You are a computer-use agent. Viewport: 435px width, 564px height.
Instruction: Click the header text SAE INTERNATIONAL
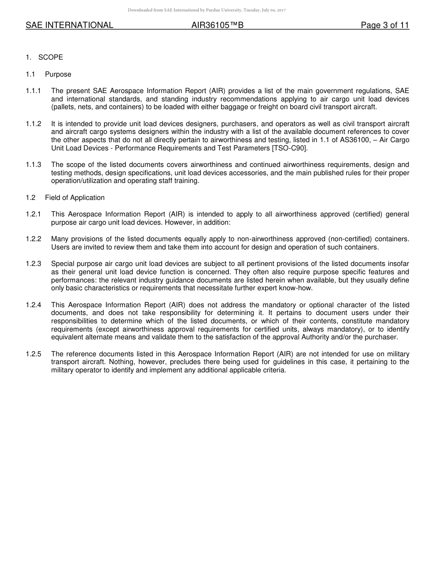tap(70, 26)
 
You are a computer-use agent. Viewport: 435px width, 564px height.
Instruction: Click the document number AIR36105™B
tap(217, 26)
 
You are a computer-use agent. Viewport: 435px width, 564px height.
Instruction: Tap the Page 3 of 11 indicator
tap(385, 26)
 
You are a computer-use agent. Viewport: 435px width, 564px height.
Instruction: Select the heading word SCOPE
tap(51, 57)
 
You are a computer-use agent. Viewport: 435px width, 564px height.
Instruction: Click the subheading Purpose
tap(58, 74)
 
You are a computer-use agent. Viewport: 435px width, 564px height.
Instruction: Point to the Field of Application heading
tap(75, 198)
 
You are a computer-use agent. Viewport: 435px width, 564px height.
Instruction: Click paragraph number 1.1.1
tap(33, 91)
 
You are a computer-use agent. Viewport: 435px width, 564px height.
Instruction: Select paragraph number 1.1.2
tap(33, 124)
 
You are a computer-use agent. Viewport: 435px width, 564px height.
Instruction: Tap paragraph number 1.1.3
tap(33, 165)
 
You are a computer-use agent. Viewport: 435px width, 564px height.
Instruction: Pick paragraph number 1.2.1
tap(33, 214)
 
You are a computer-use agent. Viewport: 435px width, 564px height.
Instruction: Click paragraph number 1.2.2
tap(33, 239)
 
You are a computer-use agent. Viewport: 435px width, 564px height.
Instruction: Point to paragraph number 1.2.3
tap(33, 264)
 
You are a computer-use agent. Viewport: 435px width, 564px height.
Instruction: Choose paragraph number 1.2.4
tap(33, 305)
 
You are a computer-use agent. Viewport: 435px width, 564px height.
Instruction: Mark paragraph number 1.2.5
tap(33, 354)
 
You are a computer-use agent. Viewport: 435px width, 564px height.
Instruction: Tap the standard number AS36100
tap(355, 140)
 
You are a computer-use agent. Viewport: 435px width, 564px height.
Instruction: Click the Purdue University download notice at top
tap(207, 10)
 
